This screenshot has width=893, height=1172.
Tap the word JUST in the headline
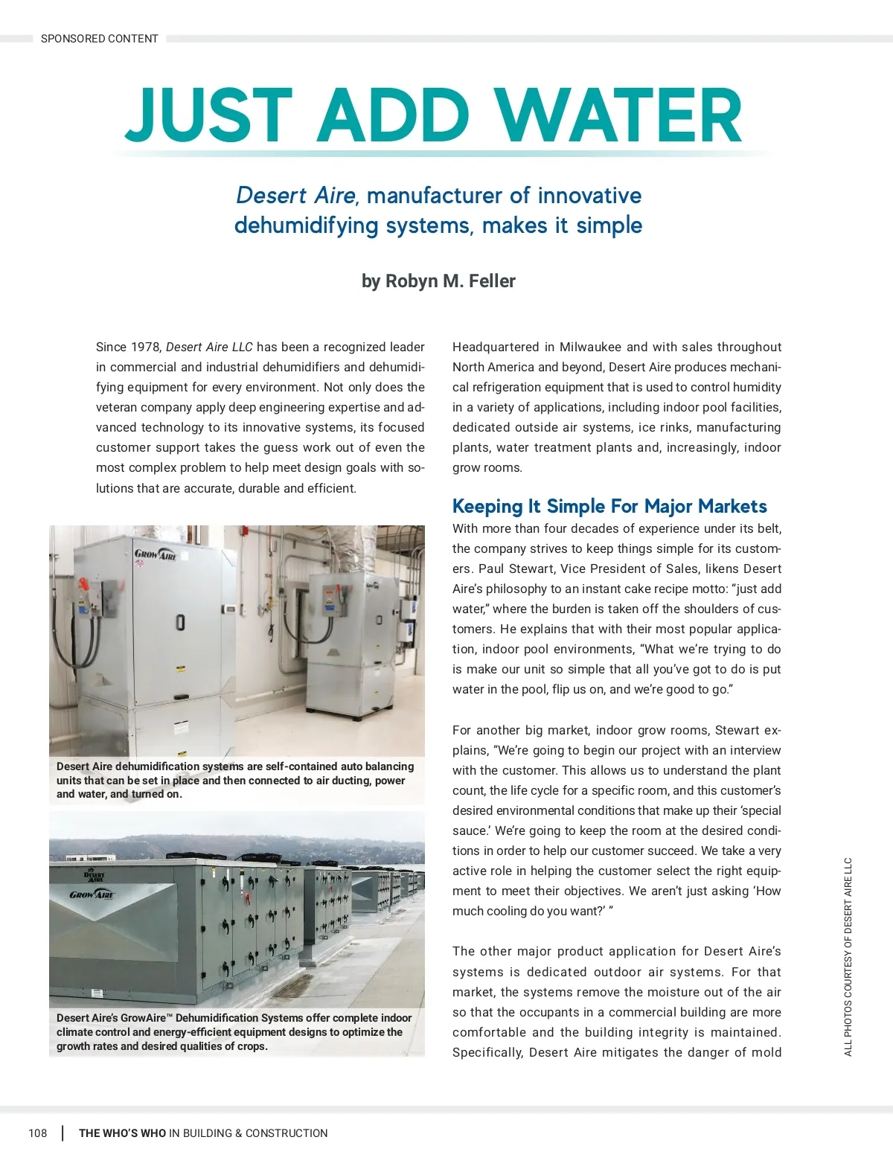click(208, 116)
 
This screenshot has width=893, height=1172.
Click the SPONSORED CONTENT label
click(99, 39)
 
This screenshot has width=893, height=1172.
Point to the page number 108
click(37, 1133)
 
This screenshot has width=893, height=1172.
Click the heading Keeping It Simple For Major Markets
click(609, 507)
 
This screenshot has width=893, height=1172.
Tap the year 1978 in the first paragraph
click(146, 348)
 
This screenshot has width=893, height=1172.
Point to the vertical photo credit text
click(848, 957)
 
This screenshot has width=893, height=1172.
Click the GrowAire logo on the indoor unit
click(156, 554)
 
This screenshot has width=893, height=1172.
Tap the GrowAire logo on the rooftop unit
click(92, 894)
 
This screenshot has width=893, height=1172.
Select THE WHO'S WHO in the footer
click(122, 1133)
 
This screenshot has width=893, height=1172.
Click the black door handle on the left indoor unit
click(180, 621)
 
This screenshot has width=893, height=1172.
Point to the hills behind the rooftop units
click(223, 845)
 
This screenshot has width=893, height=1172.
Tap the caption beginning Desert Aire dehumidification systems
click(235, 780)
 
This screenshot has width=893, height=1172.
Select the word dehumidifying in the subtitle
click(306, 225)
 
